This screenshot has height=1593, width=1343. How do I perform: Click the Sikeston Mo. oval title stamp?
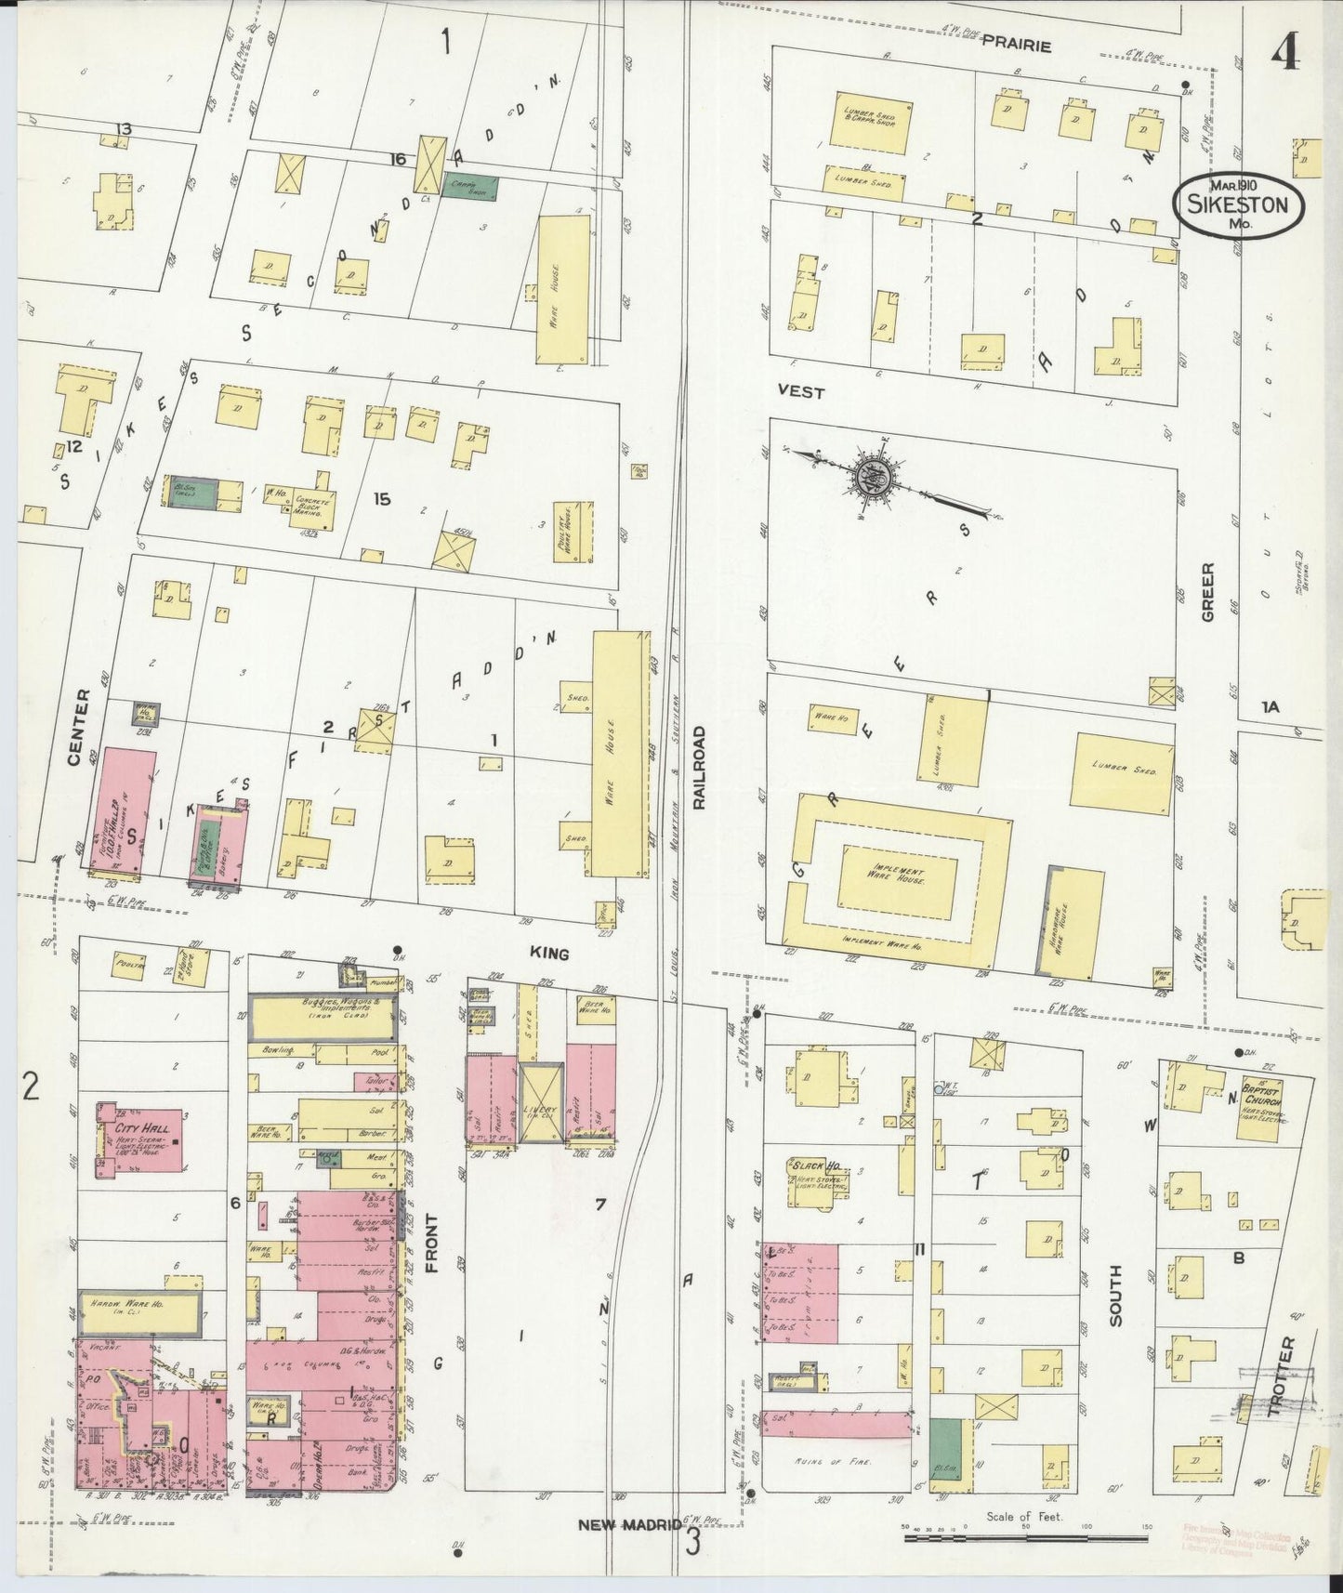(x=1238, y=203)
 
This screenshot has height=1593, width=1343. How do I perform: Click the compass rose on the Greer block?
(x=875, y=477)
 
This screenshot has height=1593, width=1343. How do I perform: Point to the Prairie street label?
(x=1017, y=46)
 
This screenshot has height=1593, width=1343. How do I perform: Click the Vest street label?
(x=801, y=393)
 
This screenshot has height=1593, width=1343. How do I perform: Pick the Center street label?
(x=77, y=727)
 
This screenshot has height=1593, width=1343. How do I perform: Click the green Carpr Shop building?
(x=469, y=187)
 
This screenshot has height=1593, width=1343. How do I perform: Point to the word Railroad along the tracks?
(x=699, y=770)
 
